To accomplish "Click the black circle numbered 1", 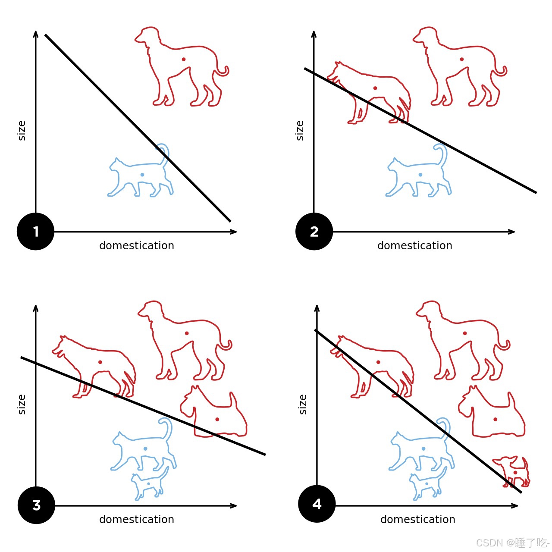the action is pos(35,231).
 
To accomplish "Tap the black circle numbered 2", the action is pos(314,231).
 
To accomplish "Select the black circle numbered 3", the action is pos(36,505).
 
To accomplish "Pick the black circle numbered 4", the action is pos(317,504).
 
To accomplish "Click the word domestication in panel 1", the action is pos(137,245).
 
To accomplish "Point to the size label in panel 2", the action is pos(300,131).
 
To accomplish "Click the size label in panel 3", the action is pos(22,404).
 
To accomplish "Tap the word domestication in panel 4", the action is pos(417,519).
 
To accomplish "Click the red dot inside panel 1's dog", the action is pos(184,59).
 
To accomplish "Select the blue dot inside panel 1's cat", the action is pos(142,175).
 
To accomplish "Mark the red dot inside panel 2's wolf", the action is pos(375,88).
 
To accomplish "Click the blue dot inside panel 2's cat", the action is pos(420,175).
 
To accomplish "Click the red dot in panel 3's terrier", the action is pos(217,419).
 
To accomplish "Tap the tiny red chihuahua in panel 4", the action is pos(511,472).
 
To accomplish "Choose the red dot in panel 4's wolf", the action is pos(378,362).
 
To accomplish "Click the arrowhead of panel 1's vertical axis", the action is pos(35,34).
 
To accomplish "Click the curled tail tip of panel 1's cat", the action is pos(157,148).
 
